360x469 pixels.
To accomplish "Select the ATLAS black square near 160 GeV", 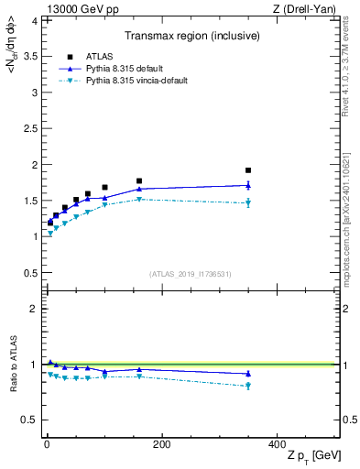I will [x=139, y=181].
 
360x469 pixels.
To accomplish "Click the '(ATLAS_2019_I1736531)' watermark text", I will [x=190, y=274].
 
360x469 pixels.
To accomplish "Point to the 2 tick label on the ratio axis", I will [x=30, y=309].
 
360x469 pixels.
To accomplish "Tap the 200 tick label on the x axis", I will [x=162, y=444].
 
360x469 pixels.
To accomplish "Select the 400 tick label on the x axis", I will [x=277, y=444].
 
